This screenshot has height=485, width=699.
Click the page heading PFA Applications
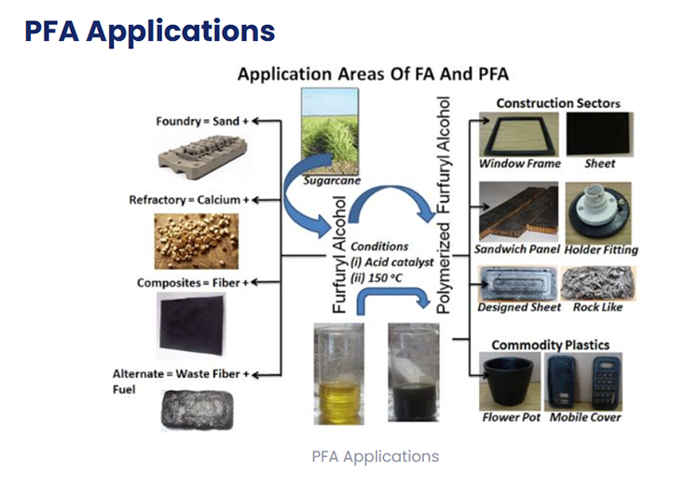[x=150, y=31]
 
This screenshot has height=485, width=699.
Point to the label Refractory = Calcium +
[x=189, y=200]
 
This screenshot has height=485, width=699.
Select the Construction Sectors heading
[x=558, y=102]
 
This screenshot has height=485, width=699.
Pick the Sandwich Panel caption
[x=517, y=249]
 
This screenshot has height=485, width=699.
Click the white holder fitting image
[x=599, y=209]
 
